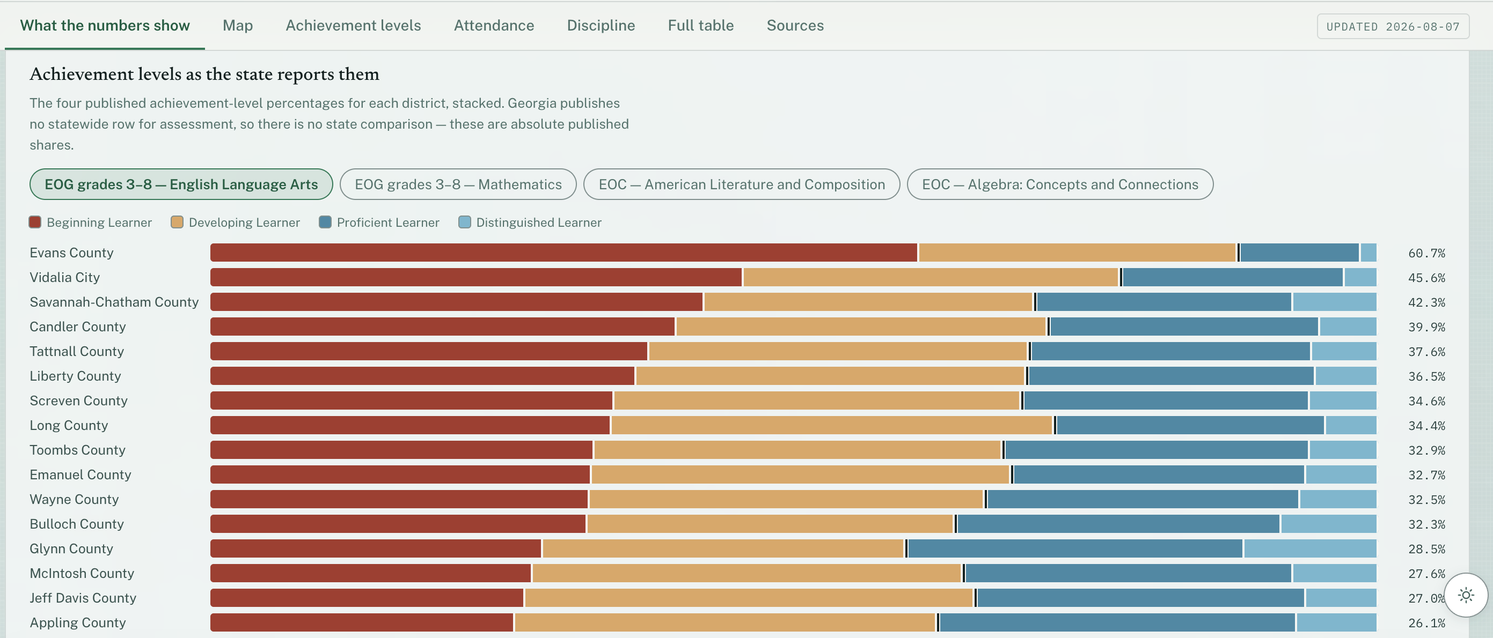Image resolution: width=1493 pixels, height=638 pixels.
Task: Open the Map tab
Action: [x=238, y=26]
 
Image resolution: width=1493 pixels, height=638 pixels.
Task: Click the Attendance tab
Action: [x=494, y=26]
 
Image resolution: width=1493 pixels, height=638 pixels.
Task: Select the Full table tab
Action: [x=701, y=26]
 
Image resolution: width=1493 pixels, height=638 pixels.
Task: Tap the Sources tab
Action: [x=795, y=26]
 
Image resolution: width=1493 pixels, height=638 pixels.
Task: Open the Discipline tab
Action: [x=601, y=26]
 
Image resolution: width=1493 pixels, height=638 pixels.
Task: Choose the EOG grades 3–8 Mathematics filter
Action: [x=458, y=184]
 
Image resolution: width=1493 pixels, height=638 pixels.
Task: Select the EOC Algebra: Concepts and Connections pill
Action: [x=1060, y=184]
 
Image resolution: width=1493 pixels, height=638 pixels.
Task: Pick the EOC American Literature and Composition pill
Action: [x=741, y=184]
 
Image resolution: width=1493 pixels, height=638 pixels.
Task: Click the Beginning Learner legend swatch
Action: [x=35, y=222]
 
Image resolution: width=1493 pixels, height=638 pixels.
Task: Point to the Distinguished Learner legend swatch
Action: [x=464, y=222]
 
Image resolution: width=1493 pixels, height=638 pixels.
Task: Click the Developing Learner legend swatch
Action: [x=177, y=222]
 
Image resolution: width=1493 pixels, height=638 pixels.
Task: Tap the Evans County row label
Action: [x=71, y=253]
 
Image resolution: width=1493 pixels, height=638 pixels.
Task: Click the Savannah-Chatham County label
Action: [x=114, y=302]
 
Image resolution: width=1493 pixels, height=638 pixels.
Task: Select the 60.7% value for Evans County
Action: [x=1426, y=254]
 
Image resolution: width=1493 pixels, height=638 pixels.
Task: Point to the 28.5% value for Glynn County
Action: [x=1426, y=549]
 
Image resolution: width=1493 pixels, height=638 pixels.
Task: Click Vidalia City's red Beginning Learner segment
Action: [x=476, y=277]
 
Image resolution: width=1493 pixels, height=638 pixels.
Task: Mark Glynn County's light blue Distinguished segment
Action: [x=1310, y=548]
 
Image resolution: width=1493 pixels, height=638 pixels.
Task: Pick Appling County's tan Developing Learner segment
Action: [x=725, y=622]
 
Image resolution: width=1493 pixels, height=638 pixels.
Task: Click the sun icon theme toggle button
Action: [x=1466, y=595]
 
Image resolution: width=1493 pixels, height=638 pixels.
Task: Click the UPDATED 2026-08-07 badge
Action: [x=1393, y=27]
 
